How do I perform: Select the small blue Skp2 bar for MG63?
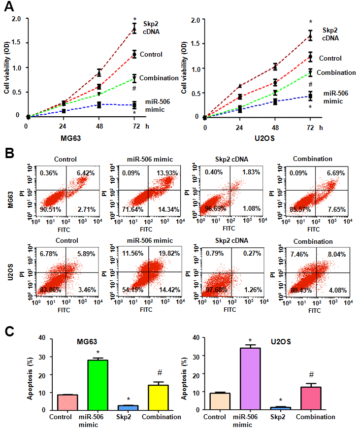click(128, 407)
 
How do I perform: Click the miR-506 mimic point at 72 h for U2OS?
click(310, 96)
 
